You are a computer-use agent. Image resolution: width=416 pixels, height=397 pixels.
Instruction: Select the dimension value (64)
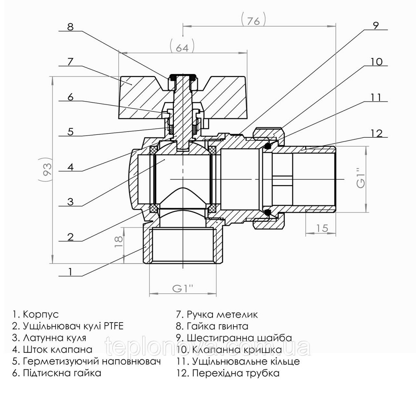(x=182, y=47)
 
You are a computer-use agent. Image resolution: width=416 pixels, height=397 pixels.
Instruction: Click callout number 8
(x=70, y=27)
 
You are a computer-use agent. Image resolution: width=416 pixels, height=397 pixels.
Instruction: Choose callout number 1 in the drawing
(x=70, y=272)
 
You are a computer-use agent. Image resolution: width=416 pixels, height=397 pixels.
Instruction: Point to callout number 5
(x=70, y=132)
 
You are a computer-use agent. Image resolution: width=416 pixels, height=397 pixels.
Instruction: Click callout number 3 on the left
(x=70, y=202)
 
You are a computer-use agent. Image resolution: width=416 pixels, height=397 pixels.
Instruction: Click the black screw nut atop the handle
(x=182, y=77)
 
